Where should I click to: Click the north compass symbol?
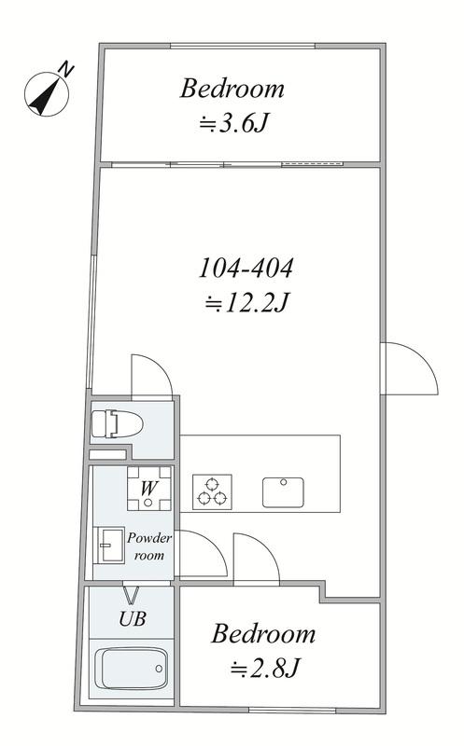(46, 94)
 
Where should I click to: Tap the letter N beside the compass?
(65, 70)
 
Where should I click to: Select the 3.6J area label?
(234, 125)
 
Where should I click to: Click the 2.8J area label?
(265, 670)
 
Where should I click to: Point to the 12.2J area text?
(246, 303)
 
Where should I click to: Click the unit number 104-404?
(246, 268)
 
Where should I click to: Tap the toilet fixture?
(117, 423)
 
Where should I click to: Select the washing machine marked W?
(149, 488)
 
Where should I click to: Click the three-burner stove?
(212, 492)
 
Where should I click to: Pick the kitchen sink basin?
(283, 492)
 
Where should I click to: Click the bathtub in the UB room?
(131, 669)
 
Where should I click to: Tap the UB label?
(132, 619)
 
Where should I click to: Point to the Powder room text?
(149, 546)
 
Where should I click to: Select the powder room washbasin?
(109, 546)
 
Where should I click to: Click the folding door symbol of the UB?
(132, 594)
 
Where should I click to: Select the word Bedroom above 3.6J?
(232, 89)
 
